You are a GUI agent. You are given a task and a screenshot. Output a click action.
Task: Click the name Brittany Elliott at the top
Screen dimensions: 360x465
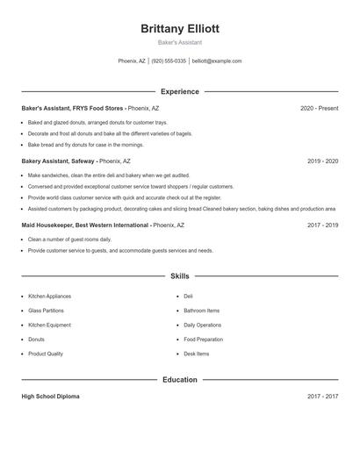point(180,28)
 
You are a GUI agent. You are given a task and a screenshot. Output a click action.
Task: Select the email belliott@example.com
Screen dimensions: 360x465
point(217,61)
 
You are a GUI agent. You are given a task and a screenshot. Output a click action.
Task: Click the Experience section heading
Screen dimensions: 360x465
point(180,91)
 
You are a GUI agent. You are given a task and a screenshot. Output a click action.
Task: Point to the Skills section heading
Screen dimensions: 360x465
point(180,275)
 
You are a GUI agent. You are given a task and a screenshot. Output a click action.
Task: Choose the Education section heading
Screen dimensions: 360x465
point(180,380)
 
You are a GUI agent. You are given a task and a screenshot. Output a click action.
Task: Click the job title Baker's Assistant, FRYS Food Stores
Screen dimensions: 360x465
point(74,108)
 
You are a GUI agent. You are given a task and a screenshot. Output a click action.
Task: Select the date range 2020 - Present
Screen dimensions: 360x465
point(319,108)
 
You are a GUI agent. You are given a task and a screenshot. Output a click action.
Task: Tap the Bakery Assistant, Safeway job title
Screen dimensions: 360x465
point(59,161)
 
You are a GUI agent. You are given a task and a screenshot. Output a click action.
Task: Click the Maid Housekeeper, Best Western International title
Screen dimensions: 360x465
point(86,225)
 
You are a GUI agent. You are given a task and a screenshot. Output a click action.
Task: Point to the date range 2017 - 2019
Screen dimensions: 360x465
point(322,225)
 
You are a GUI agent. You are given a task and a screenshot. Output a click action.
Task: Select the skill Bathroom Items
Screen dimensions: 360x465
point(202,311)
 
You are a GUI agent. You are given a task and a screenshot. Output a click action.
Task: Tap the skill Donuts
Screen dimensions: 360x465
point(37,339)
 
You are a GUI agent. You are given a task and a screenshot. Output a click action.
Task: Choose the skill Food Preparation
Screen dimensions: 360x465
point(204,339)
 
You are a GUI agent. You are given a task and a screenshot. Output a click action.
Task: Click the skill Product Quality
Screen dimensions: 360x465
point(46,354)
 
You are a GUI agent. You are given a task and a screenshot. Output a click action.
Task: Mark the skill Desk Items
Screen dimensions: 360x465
point(197,354)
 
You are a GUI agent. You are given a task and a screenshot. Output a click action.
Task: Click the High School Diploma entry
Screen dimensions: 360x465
point(50,397)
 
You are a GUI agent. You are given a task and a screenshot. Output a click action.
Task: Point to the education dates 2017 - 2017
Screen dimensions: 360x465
point(322,397)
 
